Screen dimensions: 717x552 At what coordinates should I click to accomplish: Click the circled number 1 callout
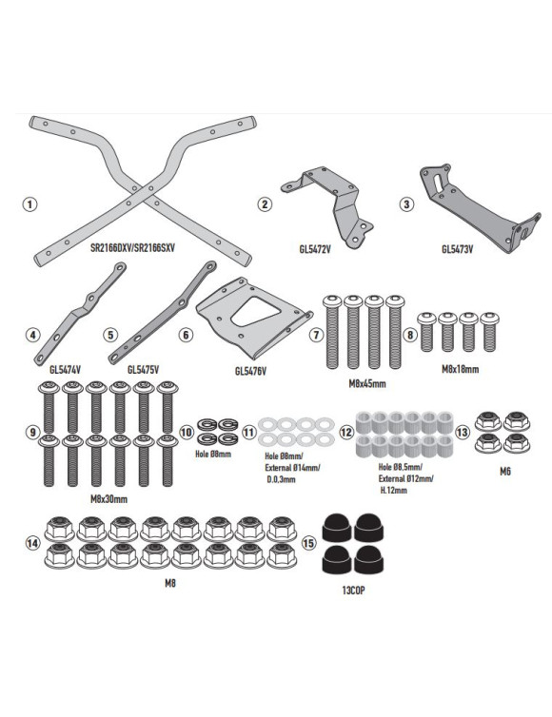click(x=31, y=204)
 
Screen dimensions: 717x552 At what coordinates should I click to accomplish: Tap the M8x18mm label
click(x=461, y=368)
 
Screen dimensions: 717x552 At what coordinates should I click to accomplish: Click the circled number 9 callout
click(x=32, y=431)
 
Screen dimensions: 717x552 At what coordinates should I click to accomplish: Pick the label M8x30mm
click(x=109, y=497)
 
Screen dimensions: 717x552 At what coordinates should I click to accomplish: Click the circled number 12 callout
click(x=346, y=431)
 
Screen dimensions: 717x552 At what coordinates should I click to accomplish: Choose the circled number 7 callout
click(x=315, y=334)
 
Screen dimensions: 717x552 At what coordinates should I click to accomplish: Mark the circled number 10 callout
click(x=187, y=431)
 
